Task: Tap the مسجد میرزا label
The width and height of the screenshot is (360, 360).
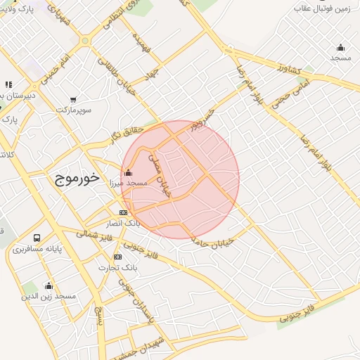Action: (x=127, y=183)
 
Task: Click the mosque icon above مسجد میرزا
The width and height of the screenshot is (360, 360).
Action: (x=128, y=172)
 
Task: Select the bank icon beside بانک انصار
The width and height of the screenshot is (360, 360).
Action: (x=123, y=212)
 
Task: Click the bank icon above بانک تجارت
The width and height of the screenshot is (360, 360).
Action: (x=117, y=257)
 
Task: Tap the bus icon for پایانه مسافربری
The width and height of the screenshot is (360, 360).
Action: (x=36, y=238)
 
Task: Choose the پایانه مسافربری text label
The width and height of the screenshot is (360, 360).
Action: (x=37, y=249)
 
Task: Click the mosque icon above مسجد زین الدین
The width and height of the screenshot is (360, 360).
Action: (x=49, y=285)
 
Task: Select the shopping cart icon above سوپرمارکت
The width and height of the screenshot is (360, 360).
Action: (x=74, y=99)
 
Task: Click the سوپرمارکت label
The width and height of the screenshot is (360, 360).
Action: (x=75, y=110)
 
